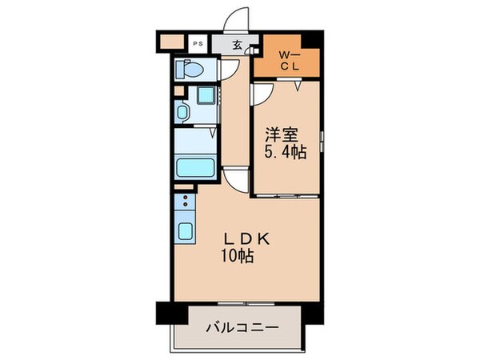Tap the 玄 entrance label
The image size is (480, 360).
(x=238, y=45)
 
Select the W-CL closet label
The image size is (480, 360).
(x=289, y=60)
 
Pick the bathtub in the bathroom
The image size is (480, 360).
(x=194, y=170)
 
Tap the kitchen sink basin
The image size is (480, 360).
(x=184, y=233)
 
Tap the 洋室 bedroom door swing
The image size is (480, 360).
(x=262, y=95)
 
